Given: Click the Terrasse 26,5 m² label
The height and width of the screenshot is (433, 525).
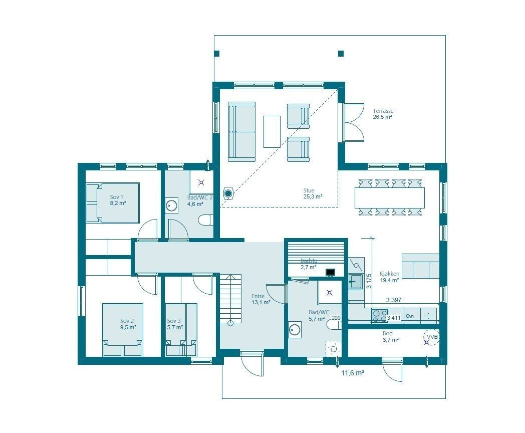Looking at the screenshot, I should [x=382, y=114].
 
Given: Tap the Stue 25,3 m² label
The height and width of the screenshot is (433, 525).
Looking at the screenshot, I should [x=312, y=193].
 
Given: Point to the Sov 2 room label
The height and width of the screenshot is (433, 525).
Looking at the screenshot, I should [x=127, y=324].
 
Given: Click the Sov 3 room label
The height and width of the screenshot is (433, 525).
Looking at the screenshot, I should [x=174, y=324].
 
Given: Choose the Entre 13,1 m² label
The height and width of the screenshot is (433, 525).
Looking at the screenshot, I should [x=260, y=299].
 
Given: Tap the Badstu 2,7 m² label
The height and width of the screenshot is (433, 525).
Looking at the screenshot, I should [x=309, y=264].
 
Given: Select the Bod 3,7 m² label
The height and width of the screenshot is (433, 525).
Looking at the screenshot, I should [x=390, y=336].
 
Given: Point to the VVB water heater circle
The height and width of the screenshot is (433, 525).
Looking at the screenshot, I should [x=430, y=338].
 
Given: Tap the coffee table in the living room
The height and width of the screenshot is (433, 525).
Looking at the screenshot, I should [x=272, y=131].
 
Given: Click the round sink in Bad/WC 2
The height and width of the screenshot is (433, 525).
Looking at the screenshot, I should [x=172, y=205].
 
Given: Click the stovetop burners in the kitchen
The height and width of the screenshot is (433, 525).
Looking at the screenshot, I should [x=380, y=315].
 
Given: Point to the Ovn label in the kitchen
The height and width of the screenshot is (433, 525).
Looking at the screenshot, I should [x=410, y=316].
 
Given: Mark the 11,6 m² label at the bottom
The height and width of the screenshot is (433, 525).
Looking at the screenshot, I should [x=353, y=373].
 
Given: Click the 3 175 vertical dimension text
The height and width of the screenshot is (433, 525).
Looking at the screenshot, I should [x=369, y=282].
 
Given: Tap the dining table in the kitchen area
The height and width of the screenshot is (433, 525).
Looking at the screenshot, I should [x=389, y=197].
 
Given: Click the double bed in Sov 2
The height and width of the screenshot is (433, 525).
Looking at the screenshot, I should [x=123, y=329].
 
